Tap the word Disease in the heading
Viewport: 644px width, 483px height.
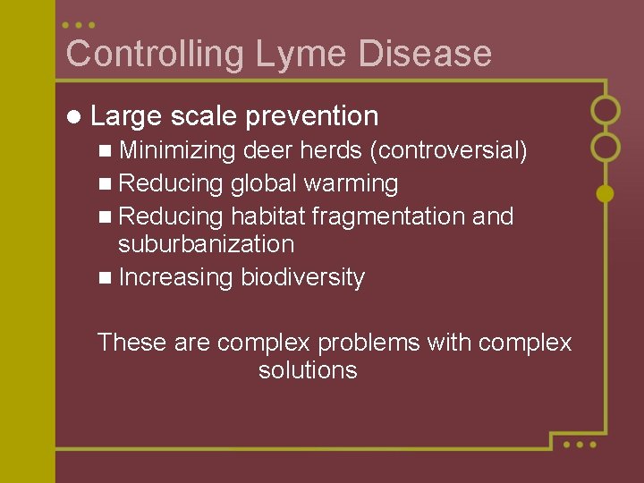(x=425, y=54)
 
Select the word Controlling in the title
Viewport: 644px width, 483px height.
(x=155, y=54)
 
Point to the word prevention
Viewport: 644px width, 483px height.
(x=311, y=116)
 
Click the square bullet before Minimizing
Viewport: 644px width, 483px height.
(x=106, y=151)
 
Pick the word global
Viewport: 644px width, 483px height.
(x=264, y=184)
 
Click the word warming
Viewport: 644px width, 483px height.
(x=351, y=184)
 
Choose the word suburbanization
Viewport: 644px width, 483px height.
(x=206, y=244)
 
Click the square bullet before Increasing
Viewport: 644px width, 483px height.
(x=106, y=278)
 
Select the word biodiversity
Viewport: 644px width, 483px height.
(x=302, y=278)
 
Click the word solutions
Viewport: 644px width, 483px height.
(x=308, y=370)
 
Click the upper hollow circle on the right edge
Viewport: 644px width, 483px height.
(x=606, y=109)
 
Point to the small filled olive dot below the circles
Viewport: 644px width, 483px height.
(x=606, y=192)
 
